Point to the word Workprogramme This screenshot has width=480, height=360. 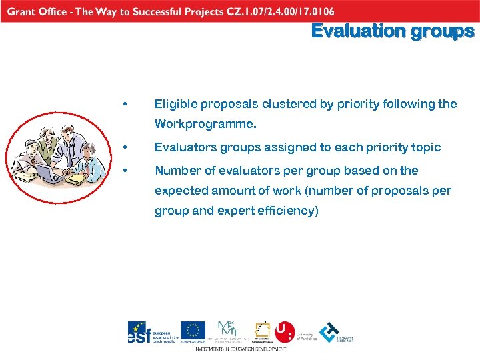[x=205, y=124]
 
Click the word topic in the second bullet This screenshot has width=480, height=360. [x=426, y=147]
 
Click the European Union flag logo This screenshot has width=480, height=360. [x=193, y=330]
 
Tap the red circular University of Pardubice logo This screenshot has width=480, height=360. [x=285, y=329]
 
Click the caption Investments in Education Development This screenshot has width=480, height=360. [x=240, y=349]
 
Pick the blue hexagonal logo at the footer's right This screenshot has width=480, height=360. [x=329, y=330]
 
